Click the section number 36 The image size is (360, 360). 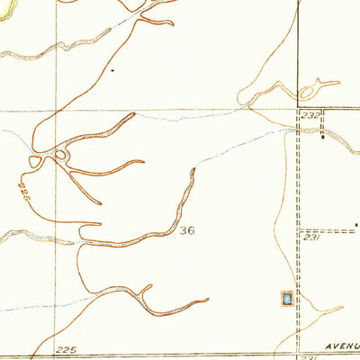click(x=187, y=230)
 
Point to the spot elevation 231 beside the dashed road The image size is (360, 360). click(x=311, y=238)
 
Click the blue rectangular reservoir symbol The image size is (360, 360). click(x=286, y=298)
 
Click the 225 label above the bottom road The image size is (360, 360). click(x=66, y=348)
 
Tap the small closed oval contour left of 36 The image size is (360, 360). click(x=60, y=156)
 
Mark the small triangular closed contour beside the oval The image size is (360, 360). click(x=36, y=161)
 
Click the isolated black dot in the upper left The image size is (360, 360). click(x=112, y=69)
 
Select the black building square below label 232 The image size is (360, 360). click(x=325, y=137)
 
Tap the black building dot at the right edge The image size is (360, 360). click(x=356, y=224)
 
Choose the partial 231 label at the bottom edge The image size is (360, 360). click(x=309, y=357)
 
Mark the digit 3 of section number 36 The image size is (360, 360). click(x=183, y=230)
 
